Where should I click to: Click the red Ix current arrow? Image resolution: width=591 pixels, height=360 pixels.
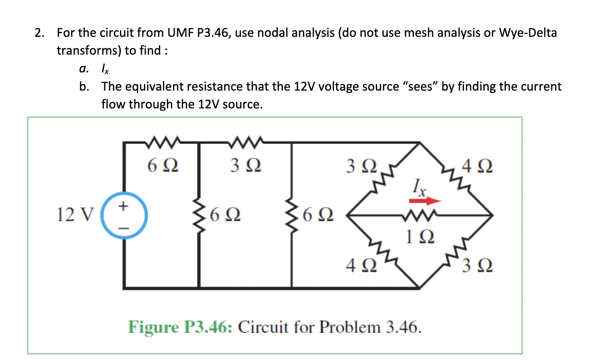tap(425, 201)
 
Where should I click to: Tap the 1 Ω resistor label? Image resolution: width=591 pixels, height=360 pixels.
tap(420, 237)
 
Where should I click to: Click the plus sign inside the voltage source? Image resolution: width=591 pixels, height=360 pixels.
tap(123, 206)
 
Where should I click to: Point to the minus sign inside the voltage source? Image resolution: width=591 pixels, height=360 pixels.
tap(123, 227)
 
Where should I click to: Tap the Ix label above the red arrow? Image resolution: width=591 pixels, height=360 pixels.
tap(419, 187)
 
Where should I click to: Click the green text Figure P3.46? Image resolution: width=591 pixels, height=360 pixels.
tap(180, 327)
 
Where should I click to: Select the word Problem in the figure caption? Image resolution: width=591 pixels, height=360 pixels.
tap(350, 327)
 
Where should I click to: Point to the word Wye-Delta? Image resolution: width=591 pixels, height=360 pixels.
tap(528, 33)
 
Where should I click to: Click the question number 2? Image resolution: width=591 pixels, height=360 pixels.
tap(39, 33)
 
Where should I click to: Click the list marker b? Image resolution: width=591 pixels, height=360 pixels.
tap(84, 86)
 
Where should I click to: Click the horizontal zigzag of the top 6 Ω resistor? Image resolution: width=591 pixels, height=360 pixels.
tap(162, 142)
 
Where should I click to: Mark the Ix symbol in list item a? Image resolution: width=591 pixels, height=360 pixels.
tap(105, 69)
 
